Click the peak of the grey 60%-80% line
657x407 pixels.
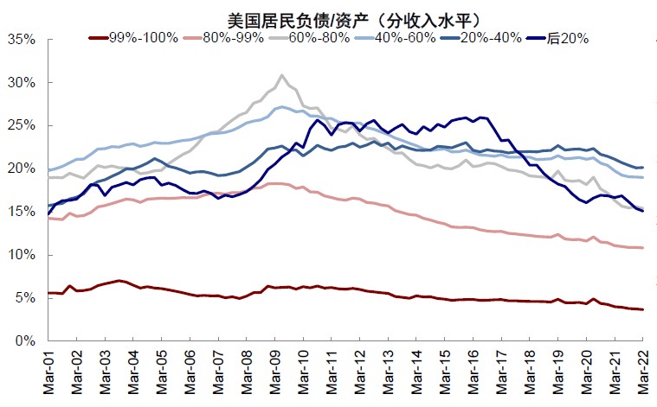point(282,75)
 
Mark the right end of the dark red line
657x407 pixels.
point(642,309)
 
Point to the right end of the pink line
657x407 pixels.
point(642,248)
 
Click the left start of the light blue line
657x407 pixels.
point(48,170)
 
